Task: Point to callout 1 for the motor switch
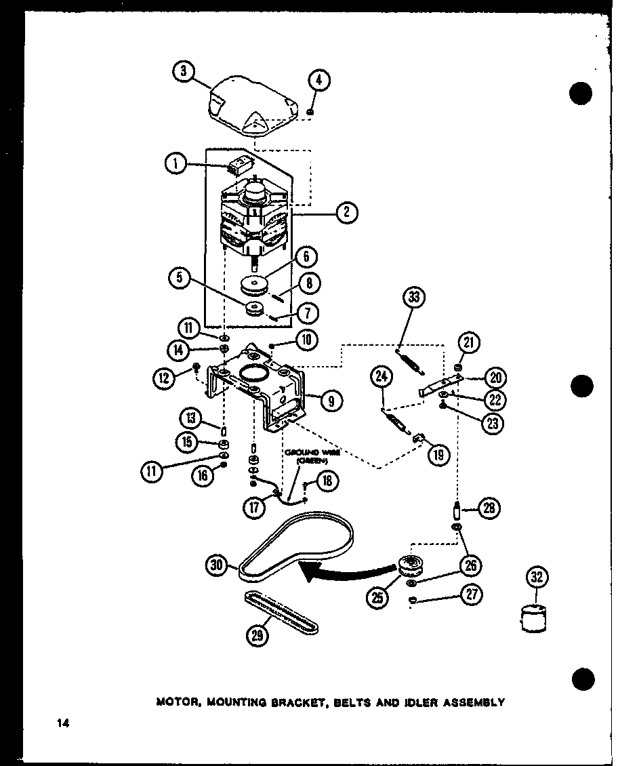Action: click(x=175, y=163)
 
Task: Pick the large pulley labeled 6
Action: click(x=258, y=283)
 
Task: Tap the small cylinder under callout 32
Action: click(x=533, y=618)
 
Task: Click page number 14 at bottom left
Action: click(x=62, y=724)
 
